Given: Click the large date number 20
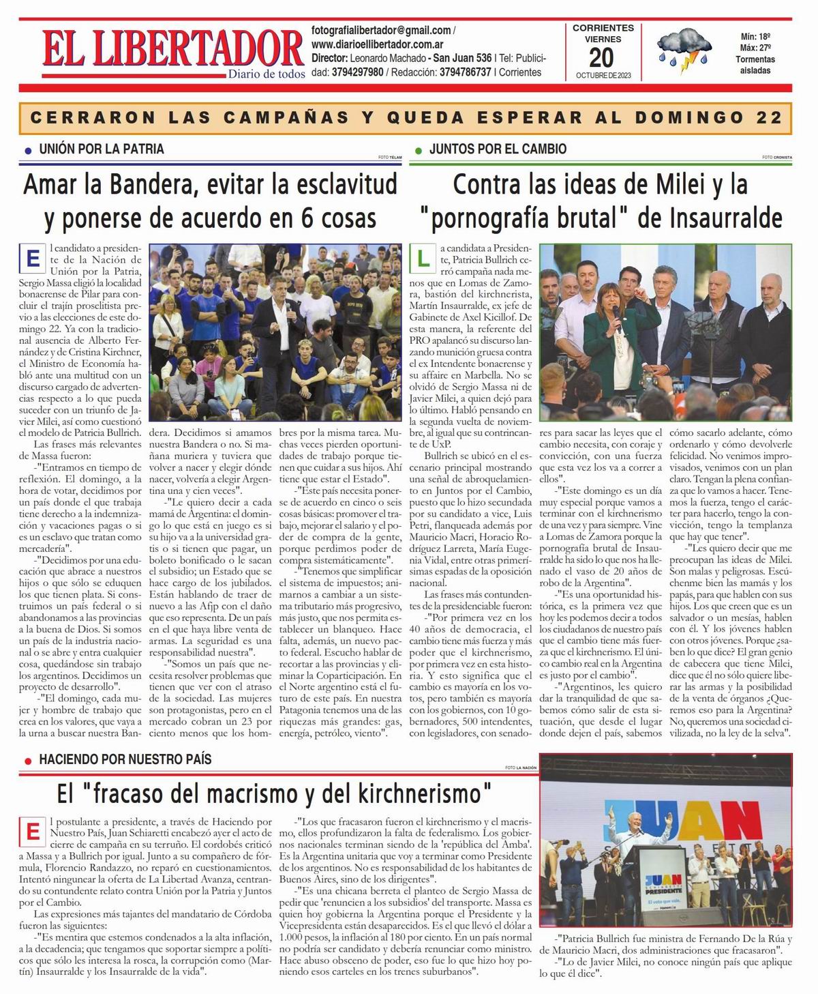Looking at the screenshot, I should click(x=602, y=57).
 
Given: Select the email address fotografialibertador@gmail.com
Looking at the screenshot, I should click(x=381, y=31).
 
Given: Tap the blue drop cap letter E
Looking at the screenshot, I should click(x=32, y=259).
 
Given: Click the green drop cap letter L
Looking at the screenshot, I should click(x=423, y=259).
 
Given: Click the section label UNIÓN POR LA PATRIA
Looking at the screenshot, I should click(x=102, y=149).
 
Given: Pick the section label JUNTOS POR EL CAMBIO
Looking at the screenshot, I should click(x=498, y=149).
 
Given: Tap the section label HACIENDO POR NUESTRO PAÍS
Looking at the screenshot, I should click(x=125, y=759).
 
